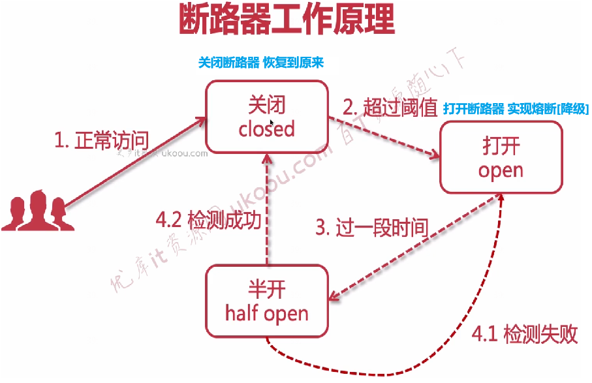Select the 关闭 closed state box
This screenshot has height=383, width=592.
(266, 116)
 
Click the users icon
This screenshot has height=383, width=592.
(33, 210)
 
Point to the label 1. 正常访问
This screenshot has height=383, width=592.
(101, 140)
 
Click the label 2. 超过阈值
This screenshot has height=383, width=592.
(390, 108)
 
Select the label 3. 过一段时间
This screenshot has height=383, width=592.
(371, 228)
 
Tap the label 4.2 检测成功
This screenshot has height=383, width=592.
(209, 220)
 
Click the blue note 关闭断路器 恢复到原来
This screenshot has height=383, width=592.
(261, 63)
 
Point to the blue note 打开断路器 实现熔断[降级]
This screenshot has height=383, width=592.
(516, 109)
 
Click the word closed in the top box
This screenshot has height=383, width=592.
(266, 129)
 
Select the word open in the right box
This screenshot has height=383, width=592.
(501, 170)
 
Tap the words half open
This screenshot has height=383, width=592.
(266, 313)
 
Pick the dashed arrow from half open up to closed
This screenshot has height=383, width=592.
(267, 209)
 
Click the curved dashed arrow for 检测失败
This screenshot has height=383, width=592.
(418, 362)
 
